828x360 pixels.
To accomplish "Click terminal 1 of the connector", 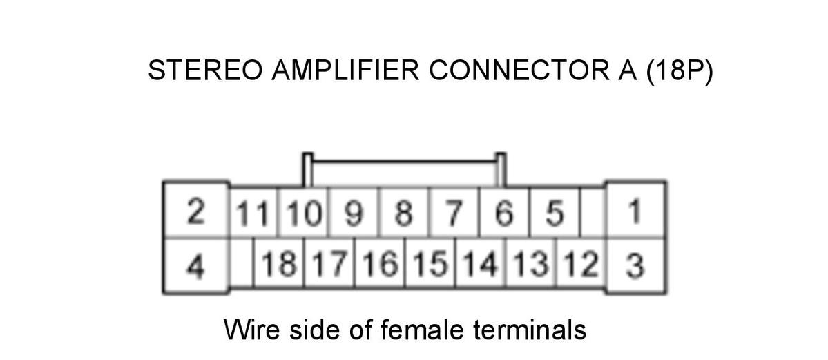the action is tap(636, 211).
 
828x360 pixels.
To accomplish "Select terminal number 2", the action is tap(196, 211).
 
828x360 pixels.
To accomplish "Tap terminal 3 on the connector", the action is tap(636, 265).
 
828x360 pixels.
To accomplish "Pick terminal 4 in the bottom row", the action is tap(196, 265).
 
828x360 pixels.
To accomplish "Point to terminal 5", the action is tap(555, 213).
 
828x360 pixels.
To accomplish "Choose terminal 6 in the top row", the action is tap(504, 213).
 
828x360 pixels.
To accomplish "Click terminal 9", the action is tap(354, 213).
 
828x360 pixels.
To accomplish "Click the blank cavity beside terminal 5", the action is tap(593, 213).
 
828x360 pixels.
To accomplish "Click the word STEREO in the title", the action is tap(204, 71).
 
